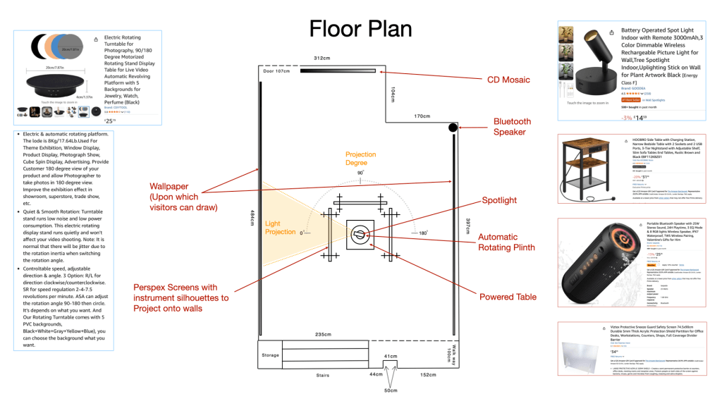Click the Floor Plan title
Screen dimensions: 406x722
pyautogui.click(x=361, y=27)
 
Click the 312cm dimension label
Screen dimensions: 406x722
pyautogui.click(x=322, y=58)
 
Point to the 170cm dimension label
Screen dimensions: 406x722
pyautogui.click(x=422, y=116)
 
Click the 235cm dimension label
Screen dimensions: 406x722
pyautogui.click(x=323, y=333)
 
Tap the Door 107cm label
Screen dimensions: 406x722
pyautogui.click(x=276, y=71)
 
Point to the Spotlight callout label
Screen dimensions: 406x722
pyautogui.click(x=499, y=200)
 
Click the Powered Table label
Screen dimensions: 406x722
pyautogui.click(x=506, y=297)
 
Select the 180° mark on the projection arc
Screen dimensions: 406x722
pyautogui.click(x=422, y=233)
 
